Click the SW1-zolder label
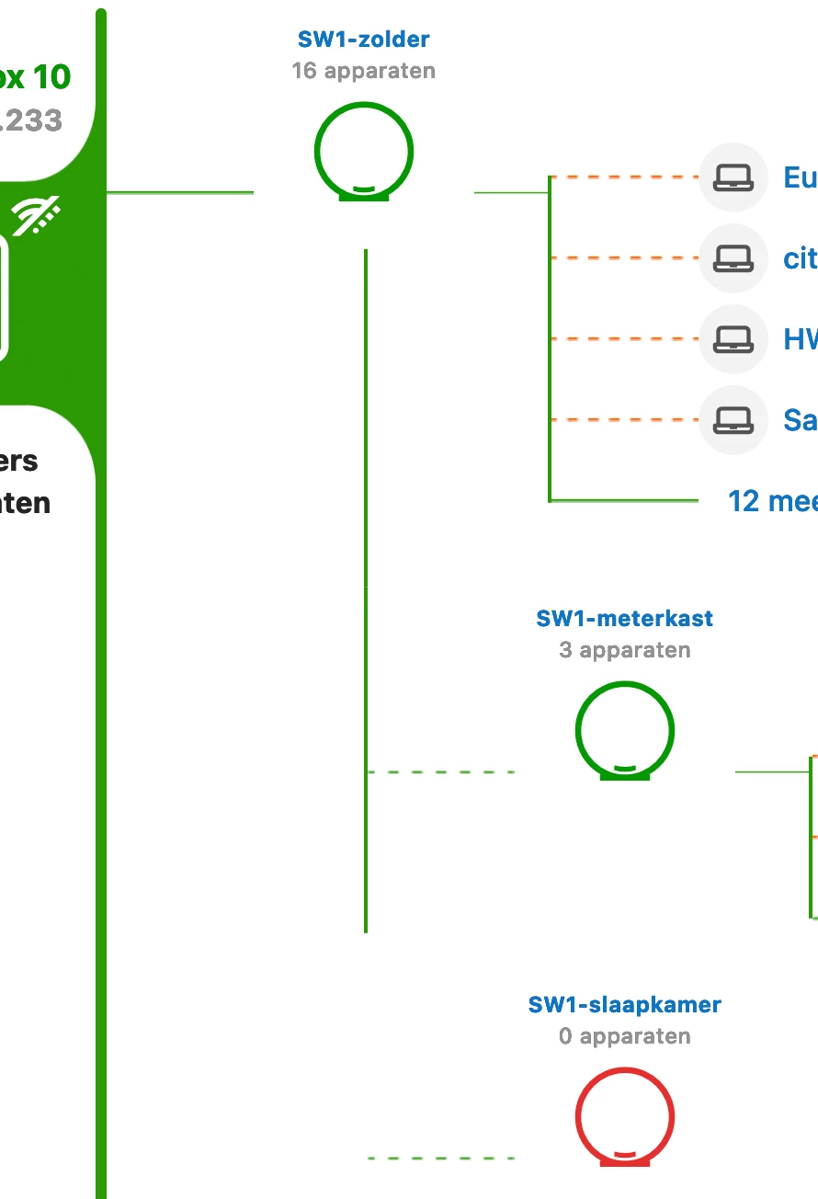[363, 40]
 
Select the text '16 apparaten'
[363, 71]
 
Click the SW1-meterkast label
[624, 619]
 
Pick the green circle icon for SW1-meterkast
[625, 731]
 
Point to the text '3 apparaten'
[624, 650]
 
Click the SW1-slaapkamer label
[624, 1005]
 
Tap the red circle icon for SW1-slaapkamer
[625, 1117]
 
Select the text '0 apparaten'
[624, 1036]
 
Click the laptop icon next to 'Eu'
[733, 177]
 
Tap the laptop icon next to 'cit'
[733, 258]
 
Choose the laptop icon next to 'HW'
[733, 339]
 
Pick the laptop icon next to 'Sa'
[733, 420]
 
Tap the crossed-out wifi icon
[36, 215]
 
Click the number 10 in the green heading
[52, 77]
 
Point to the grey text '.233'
[31, 120]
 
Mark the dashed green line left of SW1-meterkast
[441, 772]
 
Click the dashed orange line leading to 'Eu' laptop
[625, 177]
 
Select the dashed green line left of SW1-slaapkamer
[441, 1159]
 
